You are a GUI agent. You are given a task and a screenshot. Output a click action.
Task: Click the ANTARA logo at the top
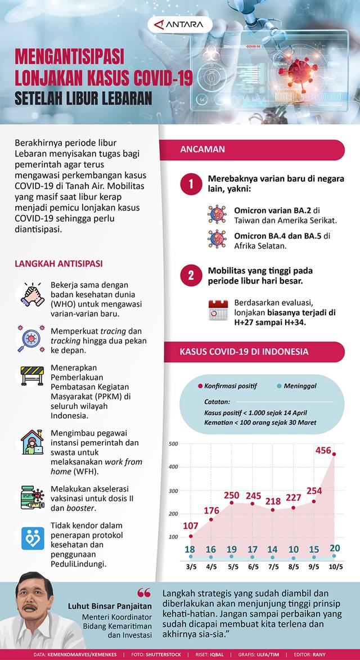click(x=180, y=24)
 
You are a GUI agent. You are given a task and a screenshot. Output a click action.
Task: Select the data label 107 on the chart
click(x=191, y=526)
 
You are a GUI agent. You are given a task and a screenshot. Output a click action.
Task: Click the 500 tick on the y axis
click(x=173, y=444)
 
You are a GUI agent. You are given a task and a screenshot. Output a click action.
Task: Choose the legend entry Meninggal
click(x=296, y=385)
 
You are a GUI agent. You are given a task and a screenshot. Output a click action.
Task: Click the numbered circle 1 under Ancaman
click(x=191, y=185)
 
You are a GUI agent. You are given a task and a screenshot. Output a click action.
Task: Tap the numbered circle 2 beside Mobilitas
click(x=191, y=275)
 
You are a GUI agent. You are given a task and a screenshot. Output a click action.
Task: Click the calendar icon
click(x=218, y=310)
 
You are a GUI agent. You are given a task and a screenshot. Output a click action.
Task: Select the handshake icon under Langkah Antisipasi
click(x=32, y=294)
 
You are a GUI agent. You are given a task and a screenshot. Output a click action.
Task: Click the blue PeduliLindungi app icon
click(x=32, y=538)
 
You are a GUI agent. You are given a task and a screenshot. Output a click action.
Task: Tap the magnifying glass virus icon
click(x=32, y=338)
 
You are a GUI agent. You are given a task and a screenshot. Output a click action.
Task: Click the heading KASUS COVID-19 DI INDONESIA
click(x=244, y=352)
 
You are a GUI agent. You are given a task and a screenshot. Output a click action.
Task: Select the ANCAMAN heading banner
click(x=202, y=149)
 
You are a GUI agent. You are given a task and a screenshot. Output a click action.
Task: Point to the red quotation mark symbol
click(x=144, y=593)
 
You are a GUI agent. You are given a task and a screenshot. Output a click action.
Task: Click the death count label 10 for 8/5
click(x=293, y=549)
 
